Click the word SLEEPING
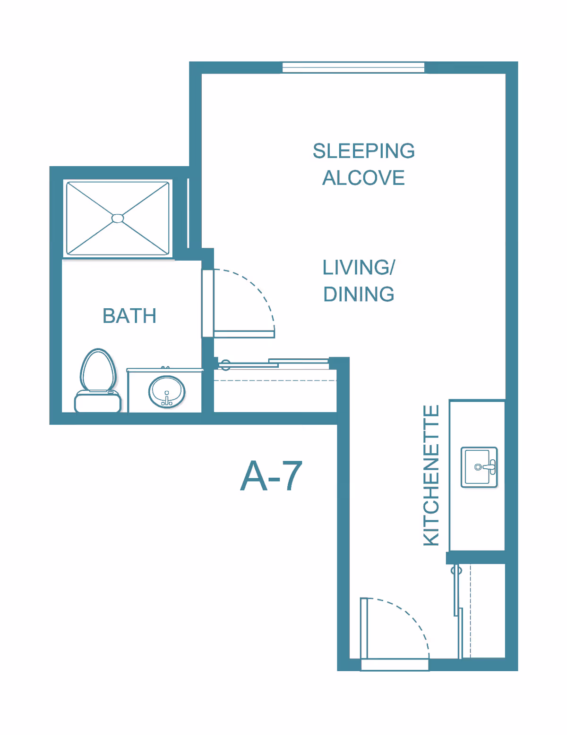(363, 151)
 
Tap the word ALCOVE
(363, 178)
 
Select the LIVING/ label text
(359, 267)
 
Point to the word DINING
(359, 294)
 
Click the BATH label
(129, 316)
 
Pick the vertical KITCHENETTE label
(431, 475)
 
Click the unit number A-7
(271, 476)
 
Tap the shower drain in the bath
(118, 219)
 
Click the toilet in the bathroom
(98, 381)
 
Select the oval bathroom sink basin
(166, 392)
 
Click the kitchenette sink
(479, 467)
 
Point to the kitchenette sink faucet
(490, 467)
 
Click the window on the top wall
(353, 68)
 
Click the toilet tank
(98, 402)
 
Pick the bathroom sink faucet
(166, 398)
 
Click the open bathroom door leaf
(244, 334)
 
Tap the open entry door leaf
(364, 628)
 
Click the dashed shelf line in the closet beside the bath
(275, 381)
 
